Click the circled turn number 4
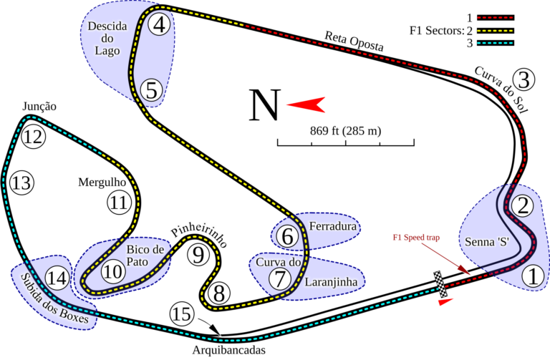159,24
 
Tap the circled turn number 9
198,255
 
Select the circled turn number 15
182,314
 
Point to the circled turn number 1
533,276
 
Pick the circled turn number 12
34,137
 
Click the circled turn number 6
287,236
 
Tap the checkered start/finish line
440,284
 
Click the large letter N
265,104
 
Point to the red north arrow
306,104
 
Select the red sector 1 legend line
496,17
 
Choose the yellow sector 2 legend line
496,31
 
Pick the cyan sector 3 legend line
496,43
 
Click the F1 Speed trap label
416,238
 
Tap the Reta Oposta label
354,41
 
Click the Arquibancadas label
228,350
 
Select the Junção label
39,106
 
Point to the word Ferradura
332,226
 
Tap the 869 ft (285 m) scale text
345,131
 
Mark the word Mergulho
102,183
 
